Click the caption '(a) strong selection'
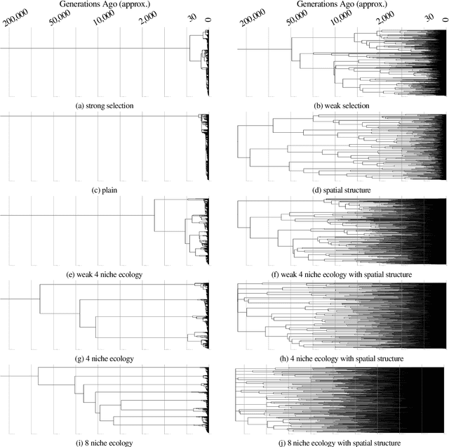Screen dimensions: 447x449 (105, 105)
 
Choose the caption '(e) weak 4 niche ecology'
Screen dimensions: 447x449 (105, 274)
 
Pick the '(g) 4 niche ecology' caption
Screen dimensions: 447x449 (105, 358)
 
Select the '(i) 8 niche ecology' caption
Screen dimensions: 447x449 (105, 443)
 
